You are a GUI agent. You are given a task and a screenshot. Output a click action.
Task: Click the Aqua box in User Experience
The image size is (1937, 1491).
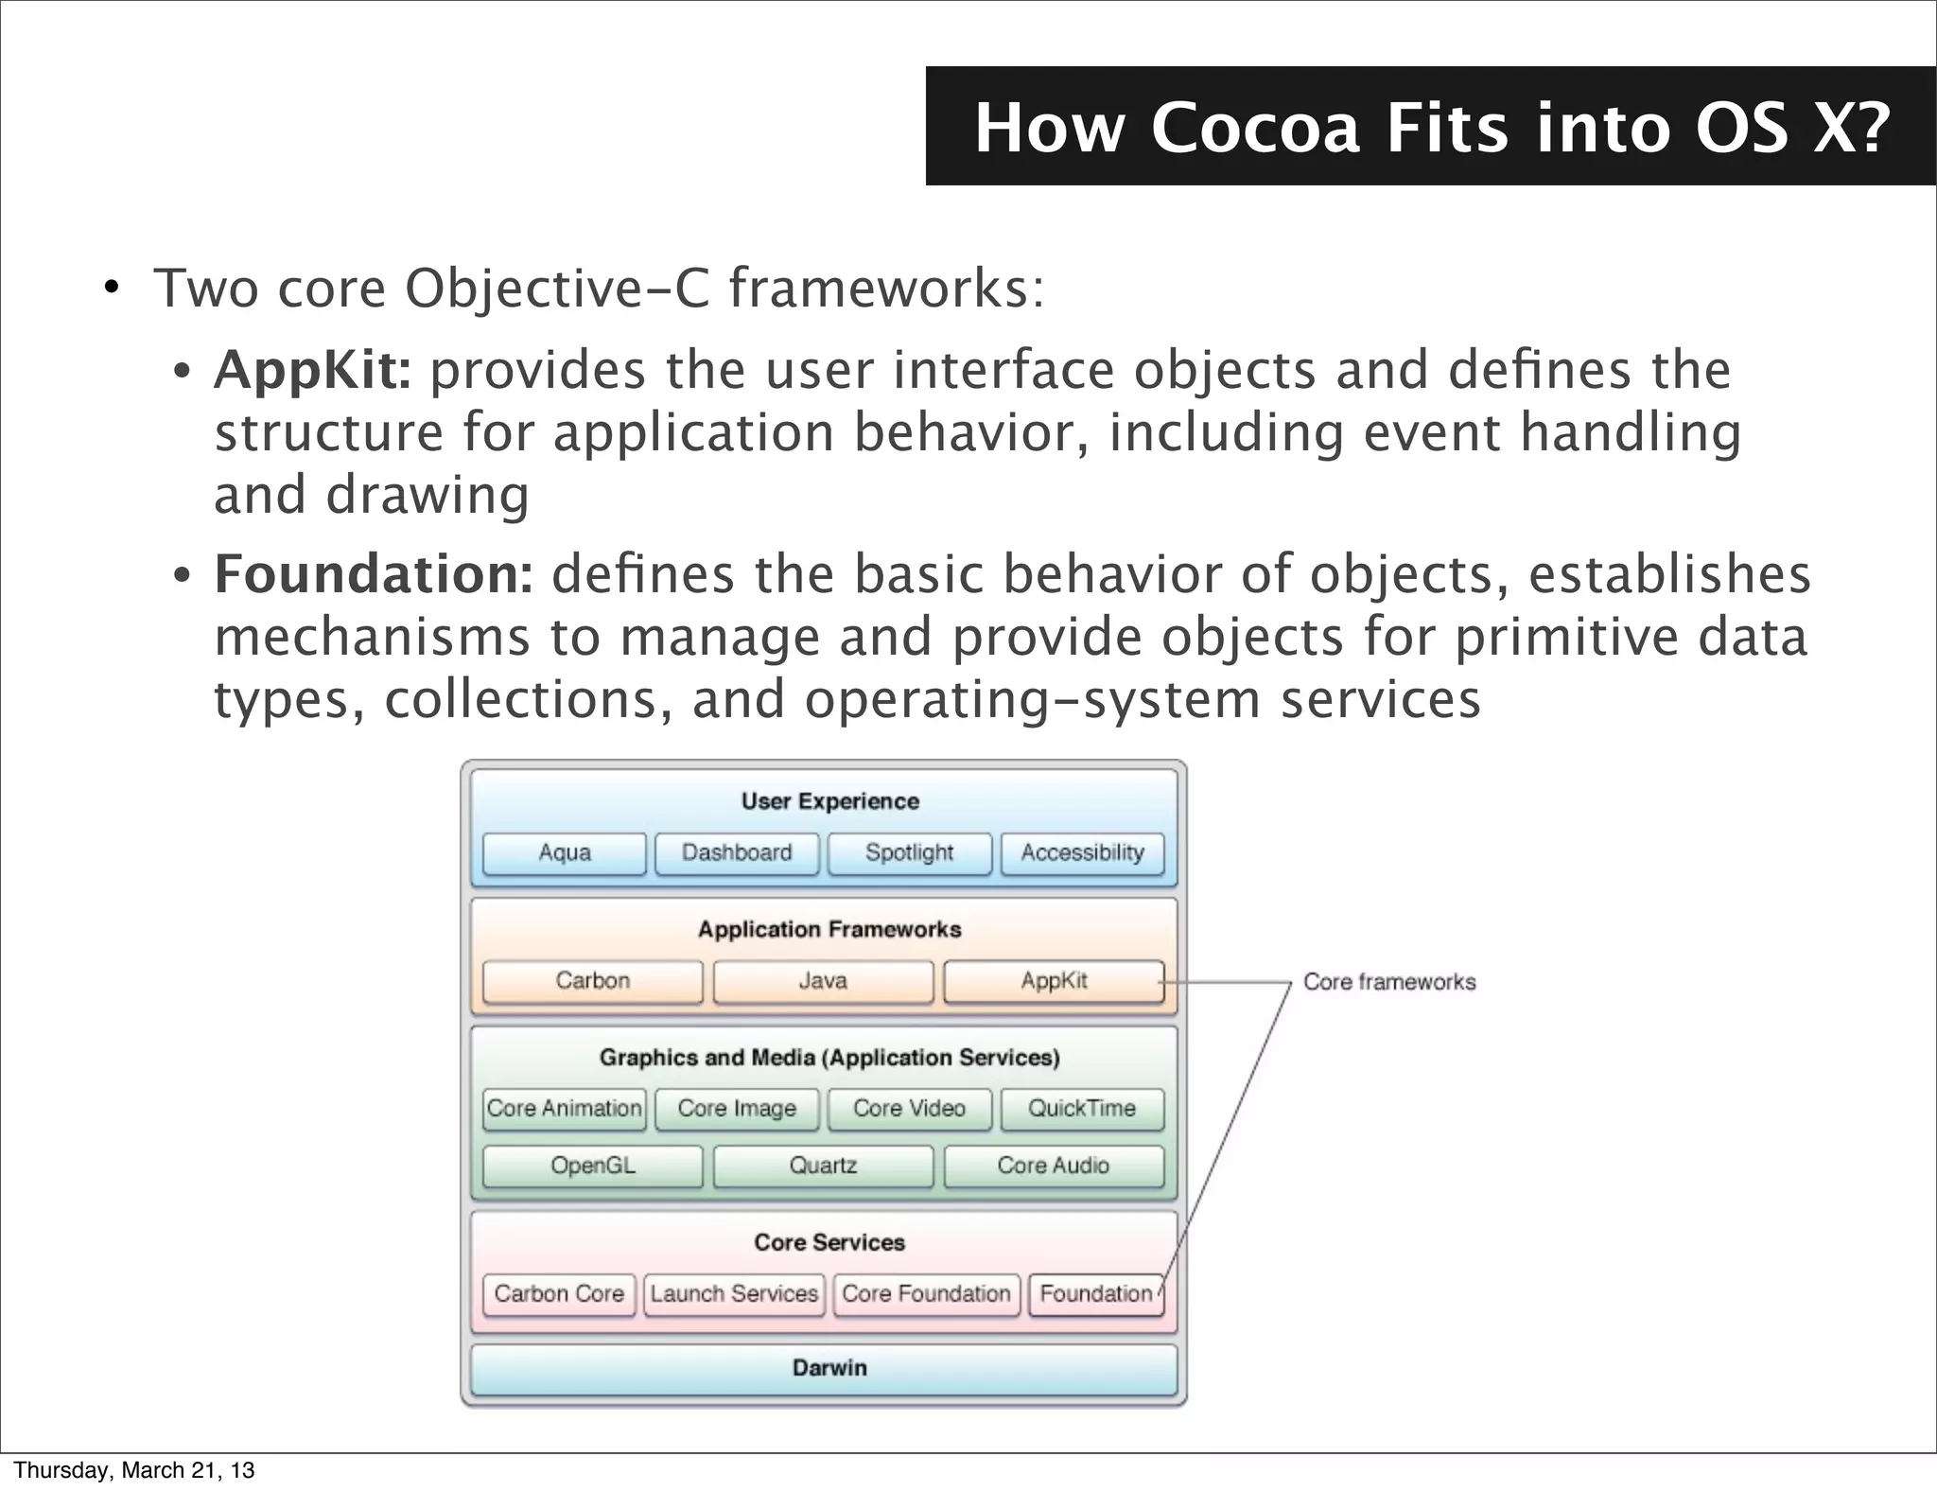(x=565, y=853)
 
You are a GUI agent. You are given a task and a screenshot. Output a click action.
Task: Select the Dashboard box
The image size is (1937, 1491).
(x=737, y=853)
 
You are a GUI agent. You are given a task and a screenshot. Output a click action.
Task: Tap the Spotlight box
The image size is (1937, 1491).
(x=909, y=853)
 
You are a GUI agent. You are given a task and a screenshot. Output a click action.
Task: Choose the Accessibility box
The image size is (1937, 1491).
(x=1082, y=853)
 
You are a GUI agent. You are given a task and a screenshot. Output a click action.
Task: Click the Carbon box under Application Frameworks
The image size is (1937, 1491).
(x=592, y=981)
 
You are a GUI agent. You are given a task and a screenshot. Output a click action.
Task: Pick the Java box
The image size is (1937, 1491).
(x=823, y=981)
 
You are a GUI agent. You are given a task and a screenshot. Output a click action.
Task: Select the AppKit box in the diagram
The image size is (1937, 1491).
(x=1054, y=981)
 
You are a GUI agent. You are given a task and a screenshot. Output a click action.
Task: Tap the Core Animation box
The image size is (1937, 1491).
(x=565, y=1109)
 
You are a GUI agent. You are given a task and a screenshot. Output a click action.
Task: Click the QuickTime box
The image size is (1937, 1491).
(x=1082, y=1109)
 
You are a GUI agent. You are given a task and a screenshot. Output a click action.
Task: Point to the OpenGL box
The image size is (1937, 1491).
(x=592, y=1166)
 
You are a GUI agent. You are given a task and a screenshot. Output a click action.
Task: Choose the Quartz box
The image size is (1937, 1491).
(x=823, y=1166)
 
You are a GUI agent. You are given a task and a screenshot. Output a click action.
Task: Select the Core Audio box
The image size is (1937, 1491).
(x=1054, y=1166)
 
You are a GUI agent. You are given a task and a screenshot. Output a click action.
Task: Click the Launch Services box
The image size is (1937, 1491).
(x=734, y=1294)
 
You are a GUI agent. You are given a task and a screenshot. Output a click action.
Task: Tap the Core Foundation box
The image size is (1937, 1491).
(x=926, y=1294)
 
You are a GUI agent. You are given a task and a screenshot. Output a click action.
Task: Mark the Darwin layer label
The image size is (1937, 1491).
(x=829, y=1368)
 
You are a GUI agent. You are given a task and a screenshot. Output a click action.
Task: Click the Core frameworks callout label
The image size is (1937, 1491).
(x=1388, y=982)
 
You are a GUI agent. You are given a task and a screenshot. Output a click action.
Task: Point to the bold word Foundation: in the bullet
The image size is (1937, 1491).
(x=374, y=574)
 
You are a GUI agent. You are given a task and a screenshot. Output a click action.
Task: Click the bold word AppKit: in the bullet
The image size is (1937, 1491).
(x=312, y=370)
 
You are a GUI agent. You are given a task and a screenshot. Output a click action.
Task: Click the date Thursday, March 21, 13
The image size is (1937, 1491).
(x=133, y=1470)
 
